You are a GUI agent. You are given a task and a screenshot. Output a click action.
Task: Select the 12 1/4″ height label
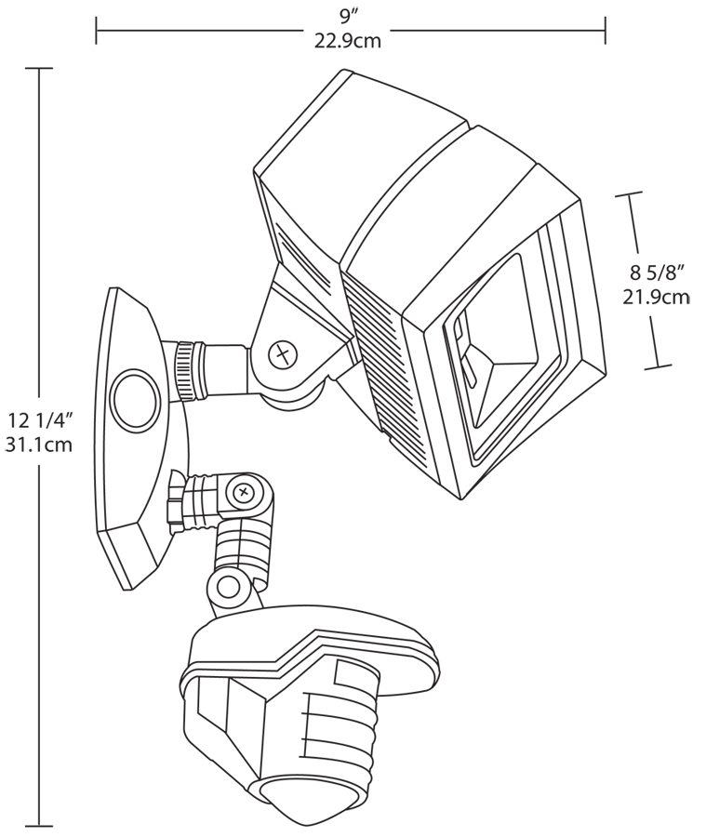tap(38, 420)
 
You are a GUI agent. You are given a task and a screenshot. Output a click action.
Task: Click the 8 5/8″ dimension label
tap(657, 272)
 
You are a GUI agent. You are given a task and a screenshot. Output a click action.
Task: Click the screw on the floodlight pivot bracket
tap(281, 353)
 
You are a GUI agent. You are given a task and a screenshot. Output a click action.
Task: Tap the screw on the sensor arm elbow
tap(244, 490)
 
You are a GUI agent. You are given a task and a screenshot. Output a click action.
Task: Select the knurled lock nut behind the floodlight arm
tap(190, 370)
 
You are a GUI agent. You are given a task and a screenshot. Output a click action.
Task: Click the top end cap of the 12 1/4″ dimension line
tap(38, 68)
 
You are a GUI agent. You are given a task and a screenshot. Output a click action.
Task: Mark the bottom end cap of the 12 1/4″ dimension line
tap(38, 825)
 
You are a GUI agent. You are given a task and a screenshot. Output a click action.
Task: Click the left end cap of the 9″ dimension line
tap(96, 30)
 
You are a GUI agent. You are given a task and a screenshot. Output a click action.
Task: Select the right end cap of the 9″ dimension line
tap(606, 30)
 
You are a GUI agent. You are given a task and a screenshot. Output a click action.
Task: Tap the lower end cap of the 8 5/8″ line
tap(658, 366)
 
